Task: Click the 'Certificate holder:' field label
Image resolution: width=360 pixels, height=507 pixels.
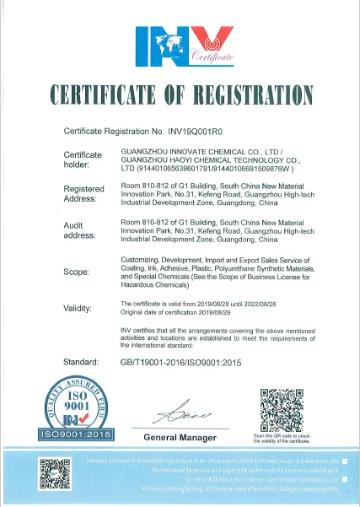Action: (x=83, y=159)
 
